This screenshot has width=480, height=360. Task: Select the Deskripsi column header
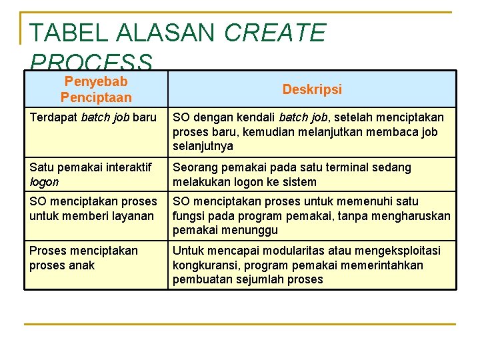point(312,89)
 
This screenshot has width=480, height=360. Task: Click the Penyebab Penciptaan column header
point(96,89)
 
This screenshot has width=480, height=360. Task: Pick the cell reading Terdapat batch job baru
point(93,118)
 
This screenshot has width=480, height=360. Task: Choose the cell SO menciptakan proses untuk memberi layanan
point(93,209)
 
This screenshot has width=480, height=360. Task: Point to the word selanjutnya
point(203,146)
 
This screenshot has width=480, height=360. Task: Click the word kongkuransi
point(204,265)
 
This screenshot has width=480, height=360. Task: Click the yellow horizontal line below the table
point(240,324)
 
